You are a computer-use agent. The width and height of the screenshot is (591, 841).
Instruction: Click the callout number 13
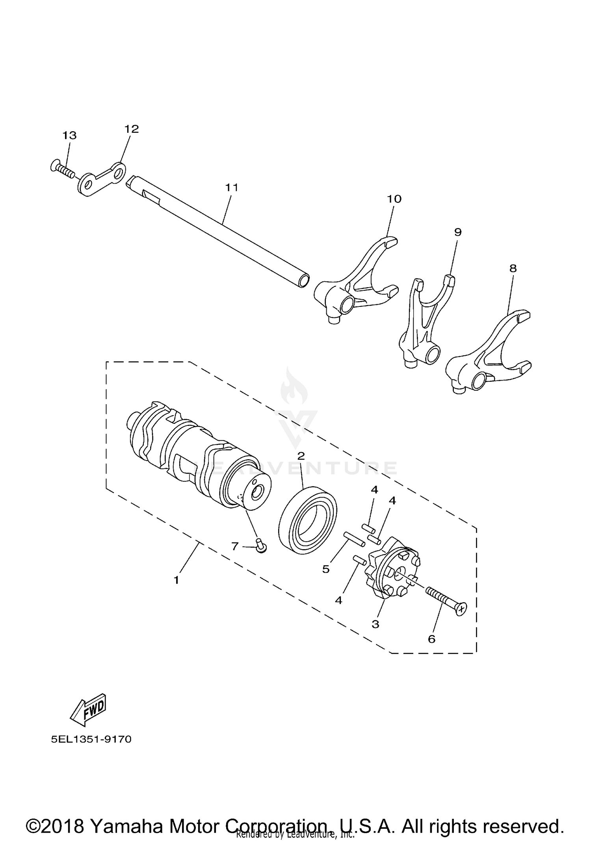(x=69, y=136)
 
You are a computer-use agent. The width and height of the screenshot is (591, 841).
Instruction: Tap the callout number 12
(x=132, y=129)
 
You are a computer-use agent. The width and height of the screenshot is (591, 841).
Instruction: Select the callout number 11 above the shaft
(x=232, y=187)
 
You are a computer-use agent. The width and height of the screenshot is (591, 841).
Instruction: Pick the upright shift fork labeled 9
(x=424, y=323)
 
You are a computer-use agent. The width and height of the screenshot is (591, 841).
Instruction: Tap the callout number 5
(x=326, y=569)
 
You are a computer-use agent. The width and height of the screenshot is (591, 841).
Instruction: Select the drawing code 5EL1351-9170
(x=91, y=739)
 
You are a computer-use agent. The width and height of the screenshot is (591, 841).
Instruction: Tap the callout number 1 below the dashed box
(x=177, y=580)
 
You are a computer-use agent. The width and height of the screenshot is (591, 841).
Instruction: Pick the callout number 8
(x=513, y=268)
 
